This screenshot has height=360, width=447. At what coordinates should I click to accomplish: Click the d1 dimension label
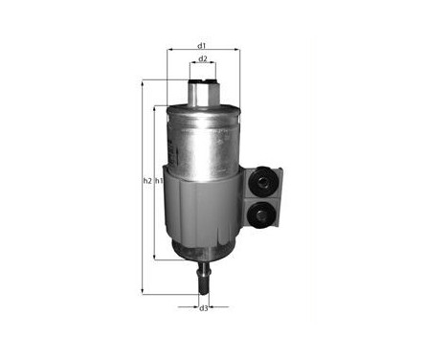click(x=202, y=45)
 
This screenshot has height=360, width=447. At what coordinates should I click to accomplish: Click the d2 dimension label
click(x=203, y=60)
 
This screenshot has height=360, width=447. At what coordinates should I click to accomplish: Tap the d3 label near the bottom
click(x=204, y=308)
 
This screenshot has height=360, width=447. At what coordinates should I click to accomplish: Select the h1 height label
click(x=160, y=181)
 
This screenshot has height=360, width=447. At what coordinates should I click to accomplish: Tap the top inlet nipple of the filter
click(x=203, y=91)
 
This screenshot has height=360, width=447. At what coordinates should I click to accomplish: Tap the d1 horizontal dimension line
click(x=182, y=52)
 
